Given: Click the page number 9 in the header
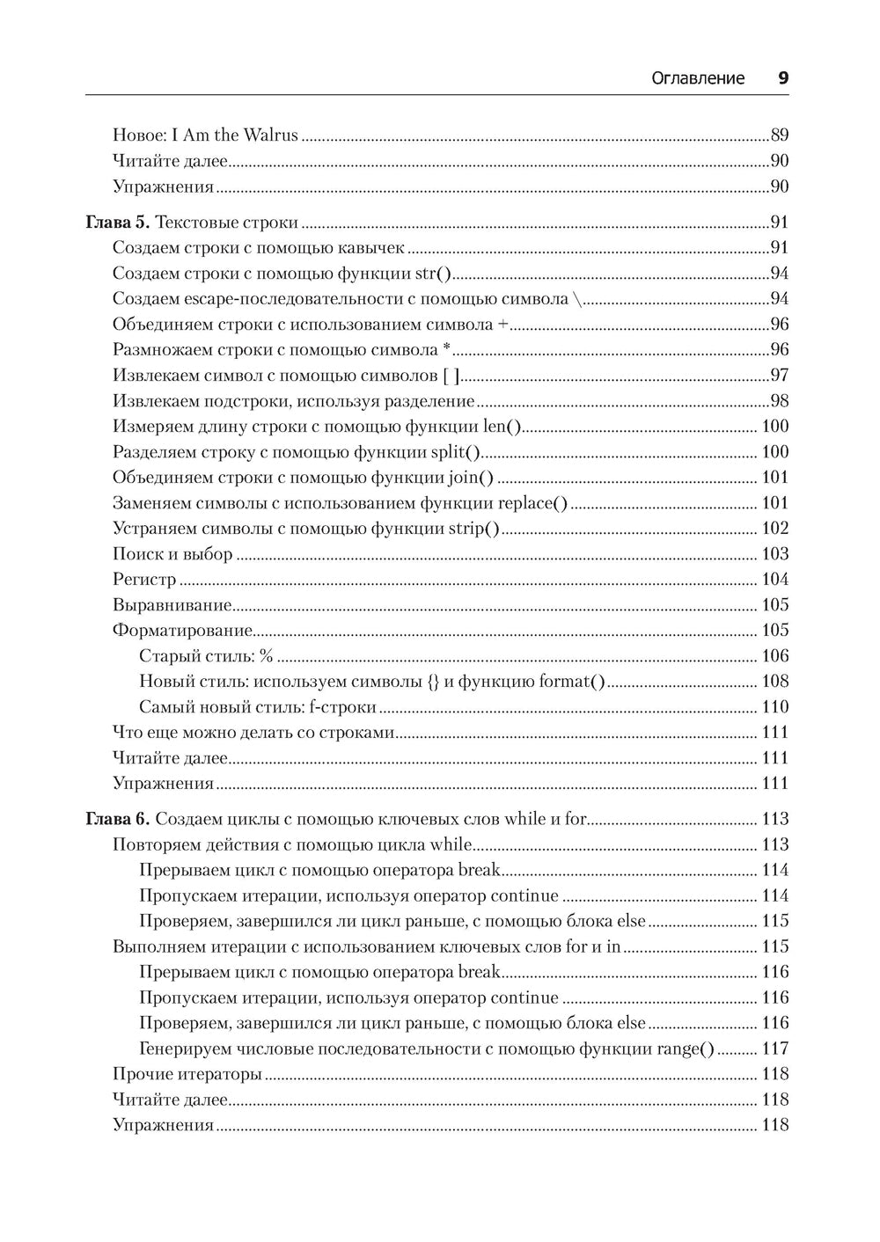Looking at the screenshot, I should [782, 78].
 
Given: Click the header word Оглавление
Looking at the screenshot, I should [697, 78].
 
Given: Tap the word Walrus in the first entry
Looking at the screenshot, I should [270, 135].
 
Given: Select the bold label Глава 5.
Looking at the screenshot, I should [118, 223].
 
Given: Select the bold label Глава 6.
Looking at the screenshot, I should [118, 820].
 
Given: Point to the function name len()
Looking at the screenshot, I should [502, 427].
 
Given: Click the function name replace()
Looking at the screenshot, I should [532, 503].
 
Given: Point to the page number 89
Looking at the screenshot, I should [779, 135].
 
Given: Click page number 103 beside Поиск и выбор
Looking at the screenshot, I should [774, 554].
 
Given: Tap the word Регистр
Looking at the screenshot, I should [144, 580].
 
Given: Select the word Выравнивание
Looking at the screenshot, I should [172, 605].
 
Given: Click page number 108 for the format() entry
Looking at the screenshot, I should [774, 682].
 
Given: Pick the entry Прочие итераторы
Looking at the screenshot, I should [187, 1074].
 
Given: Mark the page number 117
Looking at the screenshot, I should [774, 1048].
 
